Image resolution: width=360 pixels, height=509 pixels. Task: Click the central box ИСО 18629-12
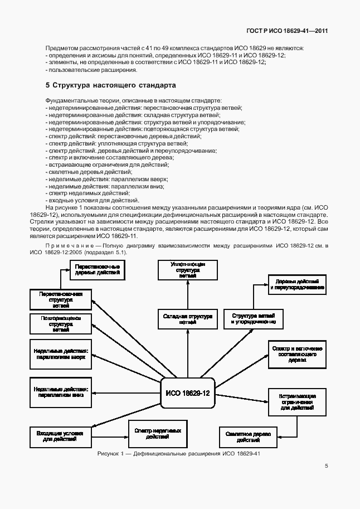pyautogui.click(x=187, y=394)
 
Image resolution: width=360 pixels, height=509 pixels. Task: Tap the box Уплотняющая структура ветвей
pyautogui.click(x=187, y=269)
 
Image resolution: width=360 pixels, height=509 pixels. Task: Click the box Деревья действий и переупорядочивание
pyautogui.click(x=296, y=284)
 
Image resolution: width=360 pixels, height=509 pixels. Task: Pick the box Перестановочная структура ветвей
pyautogui.click(x=61, y=299)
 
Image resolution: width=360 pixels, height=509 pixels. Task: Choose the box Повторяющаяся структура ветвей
pyautogui.click(x=61, y=323)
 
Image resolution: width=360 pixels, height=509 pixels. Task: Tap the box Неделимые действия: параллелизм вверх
pyautogui.click(x=61, y=354)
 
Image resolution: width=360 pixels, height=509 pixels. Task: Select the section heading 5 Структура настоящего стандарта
pyautogui.click(x=110, y=86)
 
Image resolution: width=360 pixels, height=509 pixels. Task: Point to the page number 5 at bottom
pyautogui.click(x=326, y=467)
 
